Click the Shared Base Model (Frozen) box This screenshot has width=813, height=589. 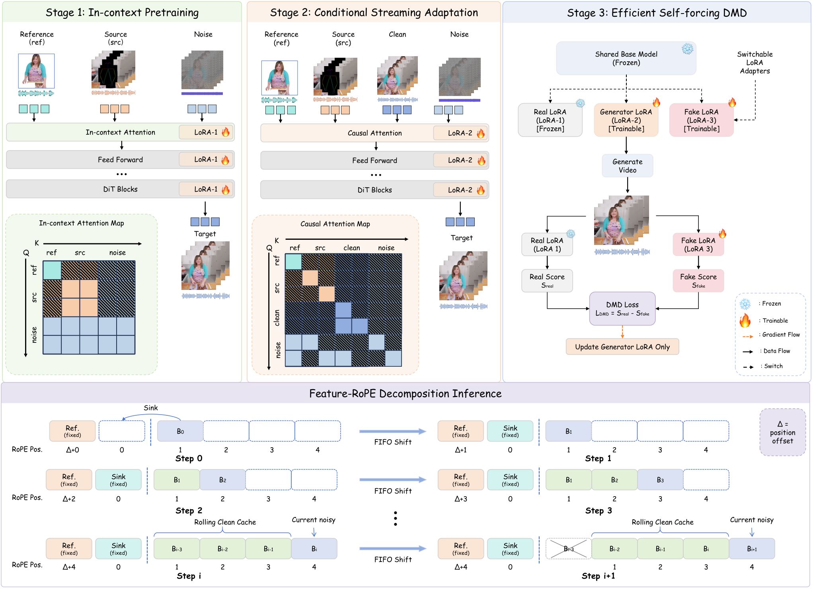pyautogui.click(x=626, y=58)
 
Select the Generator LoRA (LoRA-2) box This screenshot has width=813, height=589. pyautogui.click(x=626, y=120)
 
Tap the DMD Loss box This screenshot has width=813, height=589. pyautogui.click(x=622, y=309)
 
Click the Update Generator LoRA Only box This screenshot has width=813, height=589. pyautogui.click(x=622, y=347)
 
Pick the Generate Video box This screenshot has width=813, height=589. pyautogui.click(x=628, y=166)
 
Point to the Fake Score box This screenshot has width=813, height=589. pyautogui.click(x=698, y=281)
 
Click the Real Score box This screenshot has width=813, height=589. pyautogui.click(x=547, y=281)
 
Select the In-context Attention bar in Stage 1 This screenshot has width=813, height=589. pyautogui.click(x=120, y=132)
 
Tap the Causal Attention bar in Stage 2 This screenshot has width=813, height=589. pyautogui.click(x=374, y=133)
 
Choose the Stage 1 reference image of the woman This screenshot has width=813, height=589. pyautogui.click(x=36, y=71)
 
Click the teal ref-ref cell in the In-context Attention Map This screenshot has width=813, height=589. pyautogui.click(x=52, y=270)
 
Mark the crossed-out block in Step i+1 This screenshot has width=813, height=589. pyautogui.click(x=568, y=549)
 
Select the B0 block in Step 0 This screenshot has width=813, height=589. pyautogui.click(x=180, y=431)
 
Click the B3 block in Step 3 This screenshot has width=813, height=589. pyautogui.click(x=660, y=480)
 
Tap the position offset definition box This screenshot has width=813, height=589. pyautogui.click(x=782, y=432)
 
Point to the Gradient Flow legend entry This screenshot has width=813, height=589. pyautogui.click(x=771, y=335)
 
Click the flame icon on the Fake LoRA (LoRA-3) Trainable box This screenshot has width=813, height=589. pyautogui.click(x=732, y=102)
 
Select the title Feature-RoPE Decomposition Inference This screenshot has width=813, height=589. pyautogui.click(x=405, y=393)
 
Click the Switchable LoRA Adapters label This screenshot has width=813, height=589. pyautogui.click(x=755, y=63)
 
